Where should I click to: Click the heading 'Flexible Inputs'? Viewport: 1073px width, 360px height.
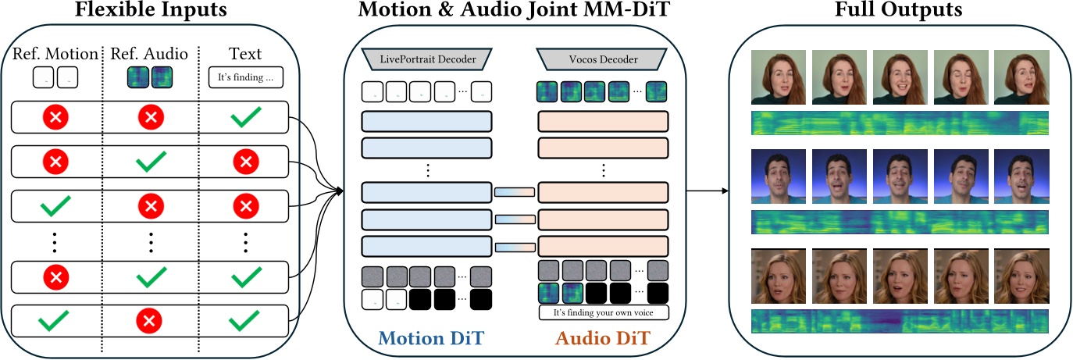[x=150, y=11]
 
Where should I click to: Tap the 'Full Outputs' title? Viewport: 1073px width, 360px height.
[x=900, y=11]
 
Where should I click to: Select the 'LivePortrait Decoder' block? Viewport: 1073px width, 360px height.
[x=426, y=58]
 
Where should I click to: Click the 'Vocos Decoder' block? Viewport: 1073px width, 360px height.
[x=601, y=58]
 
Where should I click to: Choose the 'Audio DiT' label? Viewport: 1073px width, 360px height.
[x=602, y=339]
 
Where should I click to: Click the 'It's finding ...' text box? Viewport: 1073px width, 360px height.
[x=245, y=78]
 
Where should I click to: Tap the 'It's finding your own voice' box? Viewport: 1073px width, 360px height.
[x=604, y=313]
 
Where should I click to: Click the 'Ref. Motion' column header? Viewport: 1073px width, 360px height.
[x=55, y=55]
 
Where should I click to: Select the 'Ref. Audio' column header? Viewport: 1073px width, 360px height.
[x=150, y=55]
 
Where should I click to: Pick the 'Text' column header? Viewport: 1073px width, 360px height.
[x=244, y=55]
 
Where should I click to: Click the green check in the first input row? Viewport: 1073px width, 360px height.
[x=245, y=117]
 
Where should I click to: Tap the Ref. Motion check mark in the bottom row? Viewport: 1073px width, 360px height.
[x=55, y=319]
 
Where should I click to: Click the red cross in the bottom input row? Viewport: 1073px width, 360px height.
[x=150, y=319]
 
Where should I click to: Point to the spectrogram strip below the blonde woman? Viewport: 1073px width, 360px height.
[x=900, y=322]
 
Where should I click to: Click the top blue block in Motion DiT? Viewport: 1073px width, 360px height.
[x=426, y=122]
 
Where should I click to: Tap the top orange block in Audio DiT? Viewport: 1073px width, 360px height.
[x=603, y=122]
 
